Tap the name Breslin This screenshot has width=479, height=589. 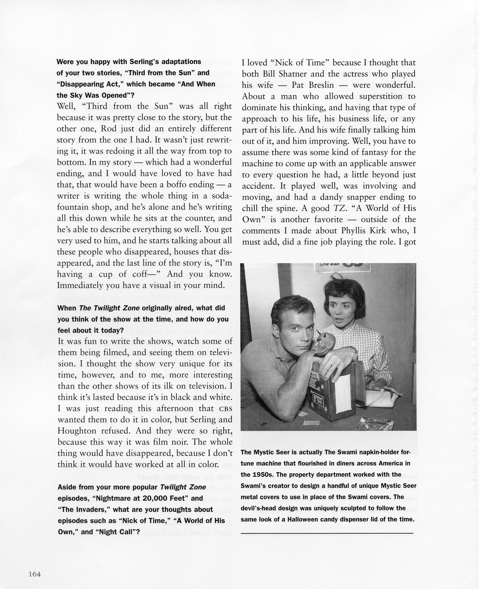click(320, 85)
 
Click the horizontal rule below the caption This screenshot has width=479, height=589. click(327, 533)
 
